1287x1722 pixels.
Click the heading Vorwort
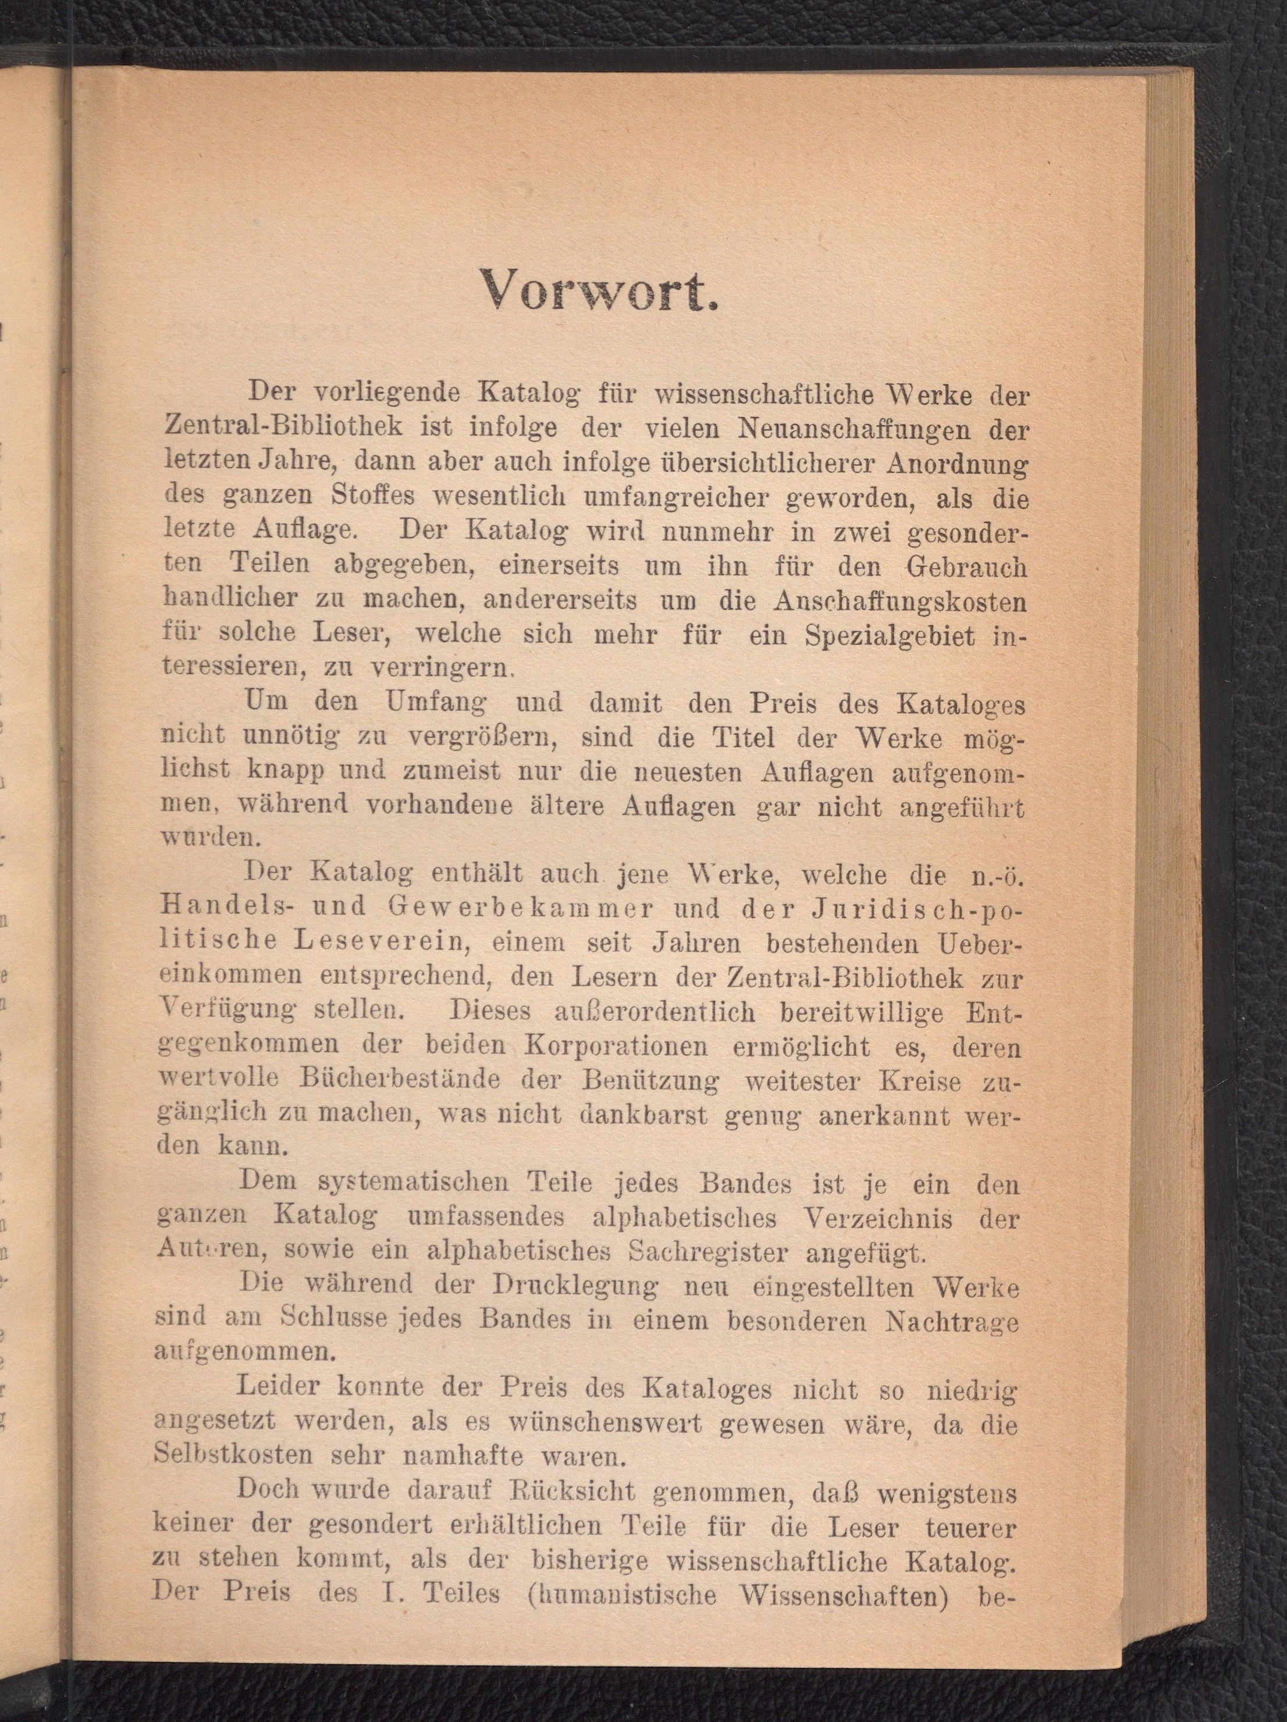point(598,290)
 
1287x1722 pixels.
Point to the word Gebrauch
point(966,566)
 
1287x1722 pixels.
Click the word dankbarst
point(643,1116)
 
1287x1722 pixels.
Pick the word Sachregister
point(707,1252)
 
